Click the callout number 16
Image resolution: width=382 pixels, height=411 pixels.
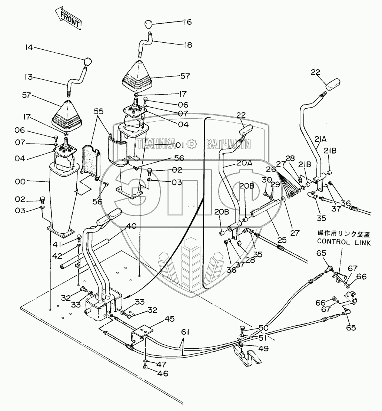pos(187,22)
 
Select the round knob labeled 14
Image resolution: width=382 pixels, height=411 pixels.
pos(87,61)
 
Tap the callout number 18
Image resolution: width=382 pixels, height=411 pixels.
pos(187,45)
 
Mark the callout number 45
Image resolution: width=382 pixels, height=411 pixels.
pos(170,319)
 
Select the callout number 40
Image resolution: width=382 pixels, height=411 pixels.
pos(132,226)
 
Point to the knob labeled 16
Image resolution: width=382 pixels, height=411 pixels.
pos(148,25)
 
